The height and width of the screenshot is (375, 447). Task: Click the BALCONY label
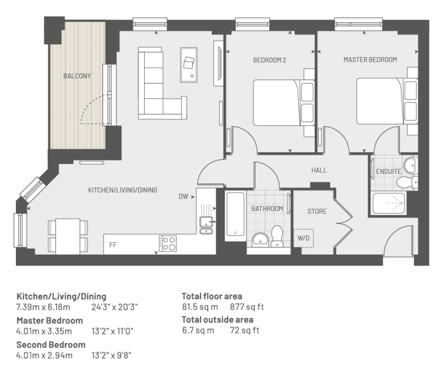coord(77,76)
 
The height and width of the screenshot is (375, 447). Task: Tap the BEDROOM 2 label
coord(269,60)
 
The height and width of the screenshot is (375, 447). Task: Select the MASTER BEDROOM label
coord(370,59)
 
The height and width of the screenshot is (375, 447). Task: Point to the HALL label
coord(319,170)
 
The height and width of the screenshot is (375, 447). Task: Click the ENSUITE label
coord(389,171)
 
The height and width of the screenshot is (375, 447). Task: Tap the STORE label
coord(316,212)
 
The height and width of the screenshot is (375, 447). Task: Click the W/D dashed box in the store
coord(303,238)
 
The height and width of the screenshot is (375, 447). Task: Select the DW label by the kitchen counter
coord(184,196)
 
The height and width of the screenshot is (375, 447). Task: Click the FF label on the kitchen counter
coord(113,245)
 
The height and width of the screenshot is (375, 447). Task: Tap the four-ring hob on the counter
coord(168,244)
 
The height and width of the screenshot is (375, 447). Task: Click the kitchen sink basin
coord(206,222)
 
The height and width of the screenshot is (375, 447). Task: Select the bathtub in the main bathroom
coord(235,215)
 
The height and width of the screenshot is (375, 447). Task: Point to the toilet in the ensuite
coord(407,182)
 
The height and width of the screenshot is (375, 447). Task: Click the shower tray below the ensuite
coord(389,203)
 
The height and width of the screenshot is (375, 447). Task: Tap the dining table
coord(68,236)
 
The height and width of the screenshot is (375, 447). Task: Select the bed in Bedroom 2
coord(283,103)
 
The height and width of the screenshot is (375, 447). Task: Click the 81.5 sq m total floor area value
coord(200,307)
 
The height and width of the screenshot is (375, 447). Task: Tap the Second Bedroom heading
coord(51,345)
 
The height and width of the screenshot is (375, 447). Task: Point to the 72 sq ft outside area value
coord(245,330)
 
